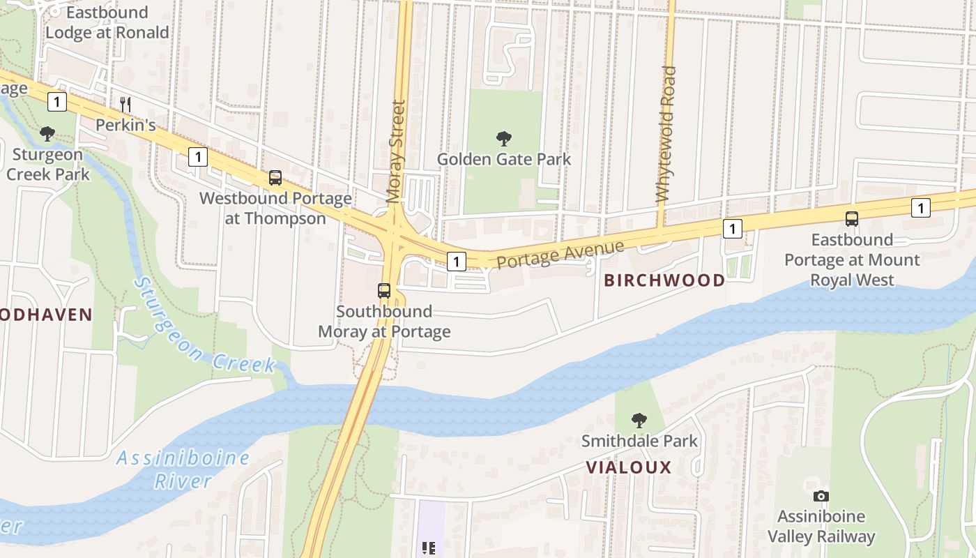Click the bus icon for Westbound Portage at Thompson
tap(275, 178)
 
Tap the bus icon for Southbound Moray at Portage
tap(384, 291)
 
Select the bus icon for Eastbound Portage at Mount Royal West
tap(852, 219)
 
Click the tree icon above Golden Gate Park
tap(503, 139)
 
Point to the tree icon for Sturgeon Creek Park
tap(47, 134)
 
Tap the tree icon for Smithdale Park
tap(639, 421)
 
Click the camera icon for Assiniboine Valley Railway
tap(821, 496)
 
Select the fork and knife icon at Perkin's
tap(125, 105)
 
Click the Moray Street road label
tap(396, 151)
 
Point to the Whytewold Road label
tap(666, 134)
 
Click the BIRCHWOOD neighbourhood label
tap(664, 280)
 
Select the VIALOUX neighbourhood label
tap(628, 467)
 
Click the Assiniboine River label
tap(183, 469)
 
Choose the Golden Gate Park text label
tap(503, 159)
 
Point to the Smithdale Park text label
tap(639, 441)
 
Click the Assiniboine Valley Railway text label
tap(821, 527)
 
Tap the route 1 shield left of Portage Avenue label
tap(456, 262)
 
